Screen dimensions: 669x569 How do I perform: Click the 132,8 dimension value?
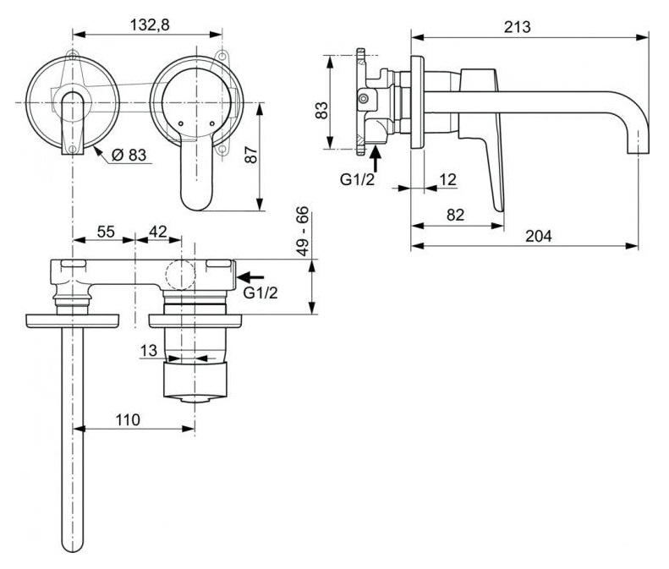[x=150, y=25]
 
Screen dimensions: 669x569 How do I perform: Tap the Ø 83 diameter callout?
[x=129, y=155]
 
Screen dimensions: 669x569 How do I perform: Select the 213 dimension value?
[x=517, y=27]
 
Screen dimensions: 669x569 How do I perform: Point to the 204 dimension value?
[x=538, y=235]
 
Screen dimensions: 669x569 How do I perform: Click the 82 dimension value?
[x=455, y=215]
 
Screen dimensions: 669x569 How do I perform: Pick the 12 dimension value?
[x=447, y=179]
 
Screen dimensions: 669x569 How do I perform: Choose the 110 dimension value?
[x=128, y=419]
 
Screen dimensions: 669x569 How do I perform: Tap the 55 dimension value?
[x=106, y=232]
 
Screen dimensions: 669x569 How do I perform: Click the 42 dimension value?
[x=158, y=232]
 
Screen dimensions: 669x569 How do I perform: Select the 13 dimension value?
[x=149, y=351]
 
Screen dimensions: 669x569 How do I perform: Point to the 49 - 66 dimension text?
[x=303, y=231]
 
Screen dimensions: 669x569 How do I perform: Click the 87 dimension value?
[x=251, y=155]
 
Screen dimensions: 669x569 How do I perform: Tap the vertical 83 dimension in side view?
[x=321, y=110]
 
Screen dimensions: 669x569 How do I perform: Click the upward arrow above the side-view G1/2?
[x=376, y=158]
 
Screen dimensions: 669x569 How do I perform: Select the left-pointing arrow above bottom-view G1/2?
[x=250, y=277]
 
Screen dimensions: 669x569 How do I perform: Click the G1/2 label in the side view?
[x=357, y=179]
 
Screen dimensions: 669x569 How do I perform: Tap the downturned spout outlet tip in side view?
[x=638, y=153]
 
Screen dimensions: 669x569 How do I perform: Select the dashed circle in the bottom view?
[x=180, y=274]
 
